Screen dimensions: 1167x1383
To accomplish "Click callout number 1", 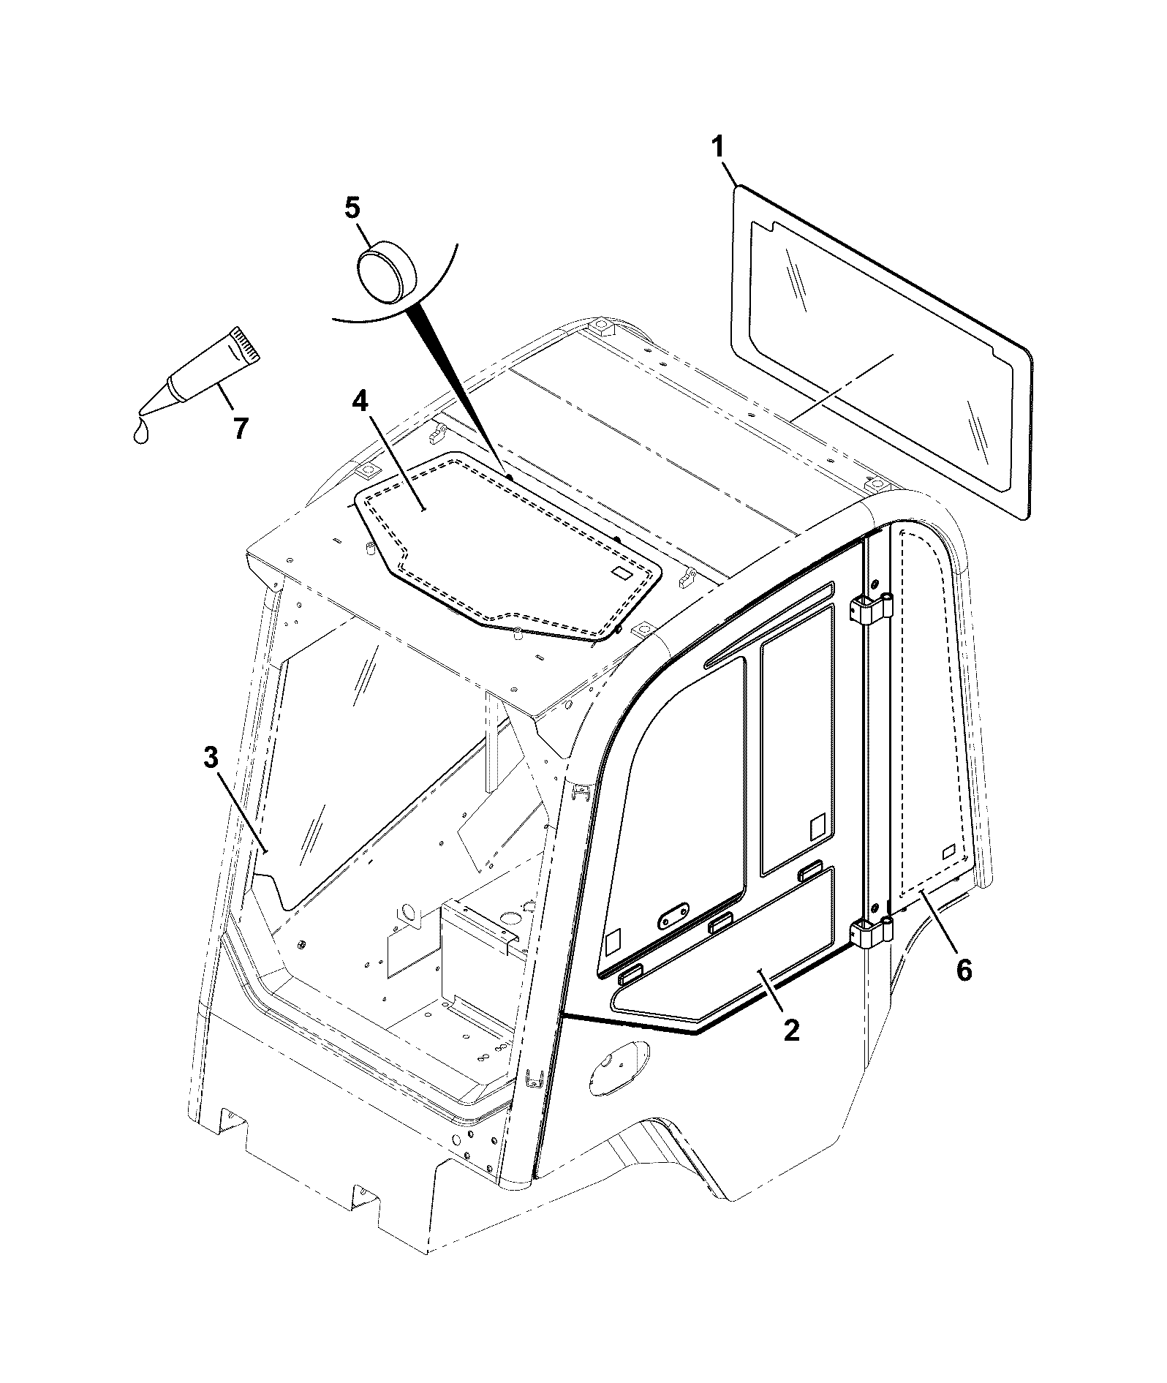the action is (x=718, y=147).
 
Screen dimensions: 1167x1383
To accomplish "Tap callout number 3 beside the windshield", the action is (x=211, y=758).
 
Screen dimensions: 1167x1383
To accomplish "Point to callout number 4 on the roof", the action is (x=360, y=402).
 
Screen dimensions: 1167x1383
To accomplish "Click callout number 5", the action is (x=352, y=208).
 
